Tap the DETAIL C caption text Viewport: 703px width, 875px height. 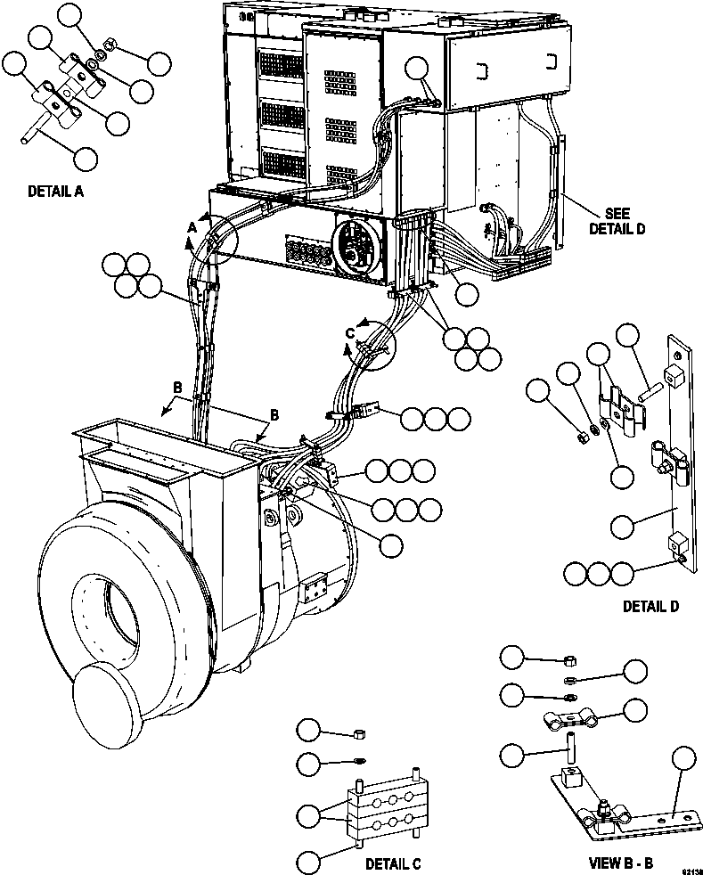coord(393,863)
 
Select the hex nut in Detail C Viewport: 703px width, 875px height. coord(358,733)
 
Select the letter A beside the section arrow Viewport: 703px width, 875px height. coord(190,228)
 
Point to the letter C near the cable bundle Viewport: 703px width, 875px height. coord(350,332)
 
